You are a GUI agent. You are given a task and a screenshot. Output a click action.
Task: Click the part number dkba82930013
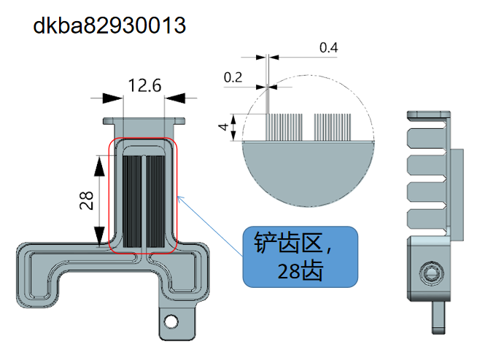click(109, 26)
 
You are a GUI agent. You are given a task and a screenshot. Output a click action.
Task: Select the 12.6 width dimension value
click(144, 86)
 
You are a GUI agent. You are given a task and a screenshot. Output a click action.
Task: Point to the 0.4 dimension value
click(329, 48)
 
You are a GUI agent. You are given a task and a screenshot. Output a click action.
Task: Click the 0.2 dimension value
click(233, 77)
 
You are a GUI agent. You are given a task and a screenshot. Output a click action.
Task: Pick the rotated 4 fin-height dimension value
click(222, 126)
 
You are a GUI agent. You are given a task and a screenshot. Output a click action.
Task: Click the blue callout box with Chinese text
click(301, 256)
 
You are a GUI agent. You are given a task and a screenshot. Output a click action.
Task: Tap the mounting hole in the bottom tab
click(171, 320)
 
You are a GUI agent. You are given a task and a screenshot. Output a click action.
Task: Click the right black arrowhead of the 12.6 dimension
click(175, 97)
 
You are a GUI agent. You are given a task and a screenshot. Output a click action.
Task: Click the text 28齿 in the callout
click(300, 271)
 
